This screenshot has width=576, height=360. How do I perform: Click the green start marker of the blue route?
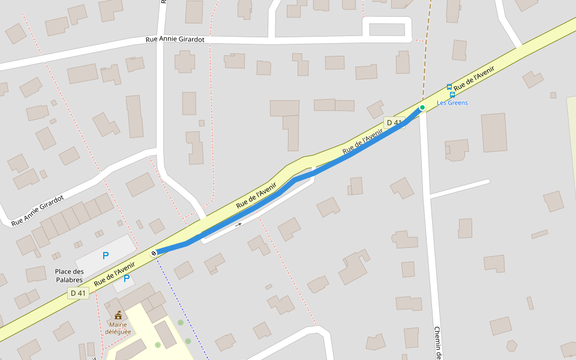point(422,107)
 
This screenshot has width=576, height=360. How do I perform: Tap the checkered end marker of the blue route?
point(154,253)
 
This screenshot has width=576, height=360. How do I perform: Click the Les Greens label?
point(452,103)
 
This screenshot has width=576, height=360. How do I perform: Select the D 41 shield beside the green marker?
point(394,123)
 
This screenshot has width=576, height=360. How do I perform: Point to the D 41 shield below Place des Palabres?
point(79,293)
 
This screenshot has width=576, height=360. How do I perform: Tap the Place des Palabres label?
point(69,275)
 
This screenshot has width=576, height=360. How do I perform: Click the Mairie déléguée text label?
point(118,328)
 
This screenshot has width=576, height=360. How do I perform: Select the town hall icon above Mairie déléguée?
point(118,315)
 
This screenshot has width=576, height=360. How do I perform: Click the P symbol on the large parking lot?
point(106,256)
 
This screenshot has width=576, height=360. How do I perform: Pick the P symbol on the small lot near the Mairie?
point(127,278)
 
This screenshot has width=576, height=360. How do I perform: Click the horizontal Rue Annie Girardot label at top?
point(175,40)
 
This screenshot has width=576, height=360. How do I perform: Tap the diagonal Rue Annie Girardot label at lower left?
point(37,209)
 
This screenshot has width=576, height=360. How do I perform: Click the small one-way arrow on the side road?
point(239,225)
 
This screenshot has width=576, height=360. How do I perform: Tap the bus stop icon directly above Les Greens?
point(452,95)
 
